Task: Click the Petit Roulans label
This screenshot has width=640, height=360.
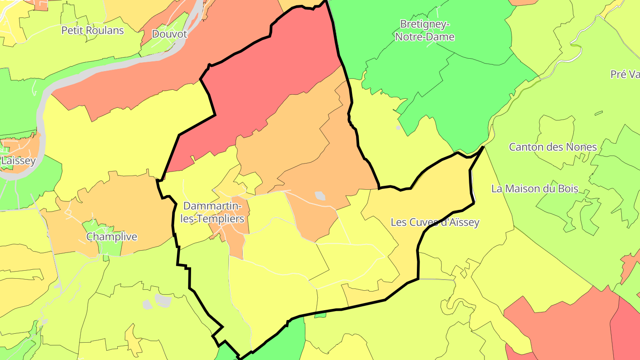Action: [x=92, y=30]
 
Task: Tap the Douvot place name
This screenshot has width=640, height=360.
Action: [x=169, y=34]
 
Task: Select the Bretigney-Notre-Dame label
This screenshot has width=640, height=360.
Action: [x=424, y=30]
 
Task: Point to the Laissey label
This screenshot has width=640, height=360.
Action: [x=18, y=160]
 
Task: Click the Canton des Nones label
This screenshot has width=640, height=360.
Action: [x=552, y=147]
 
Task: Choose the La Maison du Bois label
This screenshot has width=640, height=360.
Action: [x=534, y=188]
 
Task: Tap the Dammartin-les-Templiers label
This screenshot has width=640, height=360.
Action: [x=213, y=212]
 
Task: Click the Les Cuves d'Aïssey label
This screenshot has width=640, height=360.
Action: [x=435, y=222]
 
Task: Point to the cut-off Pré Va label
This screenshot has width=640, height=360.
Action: [x=624, y=74]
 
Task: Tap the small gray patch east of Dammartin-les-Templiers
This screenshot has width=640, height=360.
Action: [x=320, y=196]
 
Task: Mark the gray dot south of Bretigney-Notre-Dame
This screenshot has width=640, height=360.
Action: [x=398, y=128]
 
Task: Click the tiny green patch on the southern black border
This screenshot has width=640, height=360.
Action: [x=320, y=315]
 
